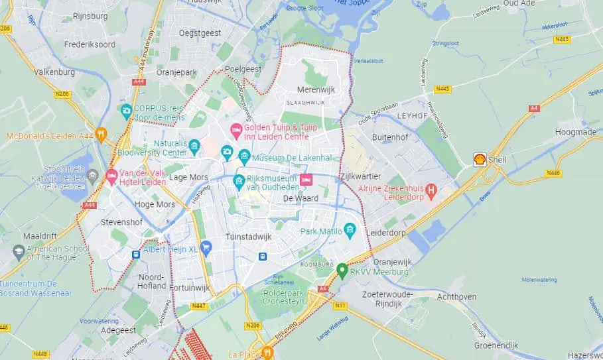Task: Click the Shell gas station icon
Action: coord(479,159)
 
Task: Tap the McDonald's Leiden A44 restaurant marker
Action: coord(101,135)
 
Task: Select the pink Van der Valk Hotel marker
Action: coord(111,176)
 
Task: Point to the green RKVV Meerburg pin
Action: coord(342,270)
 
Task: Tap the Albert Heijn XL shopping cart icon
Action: coord(206,248)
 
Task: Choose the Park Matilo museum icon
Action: coord(350,231)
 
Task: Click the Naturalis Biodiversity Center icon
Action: coord(194,146)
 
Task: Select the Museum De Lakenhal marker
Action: coord(244,157)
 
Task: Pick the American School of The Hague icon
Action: coord(19,252)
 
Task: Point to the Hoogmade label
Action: coord(575,132)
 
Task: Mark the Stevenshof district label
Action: coord(123,223)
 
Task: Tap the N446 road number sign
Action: coord(553,173)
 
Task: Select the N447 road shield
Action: coord(198,306)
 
